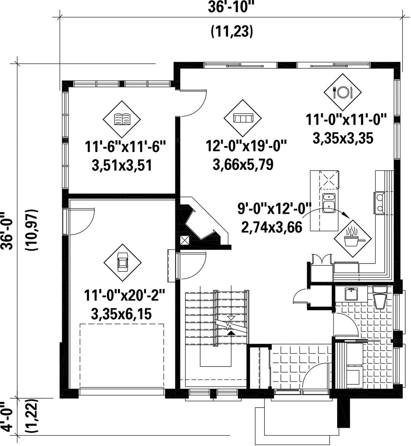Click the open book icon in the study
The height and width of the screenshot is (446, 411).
tap(122, 119)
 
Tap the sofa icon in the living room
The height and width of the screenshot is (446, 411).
tap(243, 118)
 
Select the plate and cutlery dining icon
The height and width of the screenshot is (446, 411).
tap(342, 92)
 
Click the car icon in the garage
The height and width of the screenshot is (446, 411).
tap(123, 262)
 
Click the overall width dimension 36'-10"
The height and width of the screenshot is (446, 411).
tap(231, 6)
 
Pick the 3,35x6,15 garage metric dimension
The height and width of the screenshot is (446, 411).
tap(121, 314)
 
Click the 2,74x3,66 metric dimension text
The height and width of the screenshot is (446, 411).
tap(272, 227)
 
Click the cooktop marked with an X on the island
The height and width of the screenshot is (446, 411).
tap(329, 179)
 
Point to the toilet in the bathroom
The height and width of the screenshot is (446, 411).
tap(380, 297)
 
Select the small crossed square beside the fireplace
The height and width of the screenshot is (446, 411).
tap(185, 241)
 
